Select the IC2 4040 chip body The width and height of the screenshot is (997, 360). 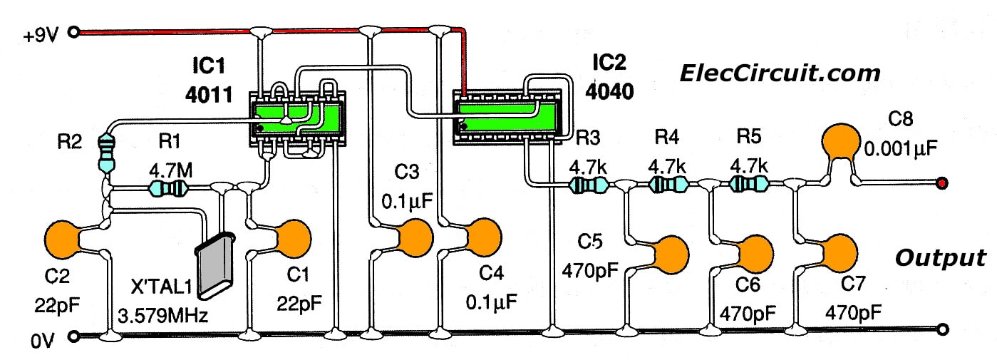point(505,115)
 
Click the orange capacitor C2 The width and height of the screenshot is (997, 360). point(65,240)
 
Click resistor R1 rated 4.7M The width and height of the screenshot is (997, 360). point(167,189)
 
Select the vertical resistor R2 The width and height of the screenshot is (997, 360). point(107,153)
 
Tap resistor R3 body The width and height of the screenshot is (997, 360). point(588,185)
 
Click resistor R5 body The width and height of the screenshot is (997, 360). point(749,185)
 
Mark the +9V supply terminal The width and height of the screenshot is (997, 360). point(79,31)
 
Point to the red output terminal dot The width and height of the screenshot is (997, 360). point(942,184)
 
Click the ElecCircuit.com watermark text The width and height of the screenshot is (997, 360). point(780,73)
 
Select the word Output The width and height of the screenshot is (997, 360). point(940,258)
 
